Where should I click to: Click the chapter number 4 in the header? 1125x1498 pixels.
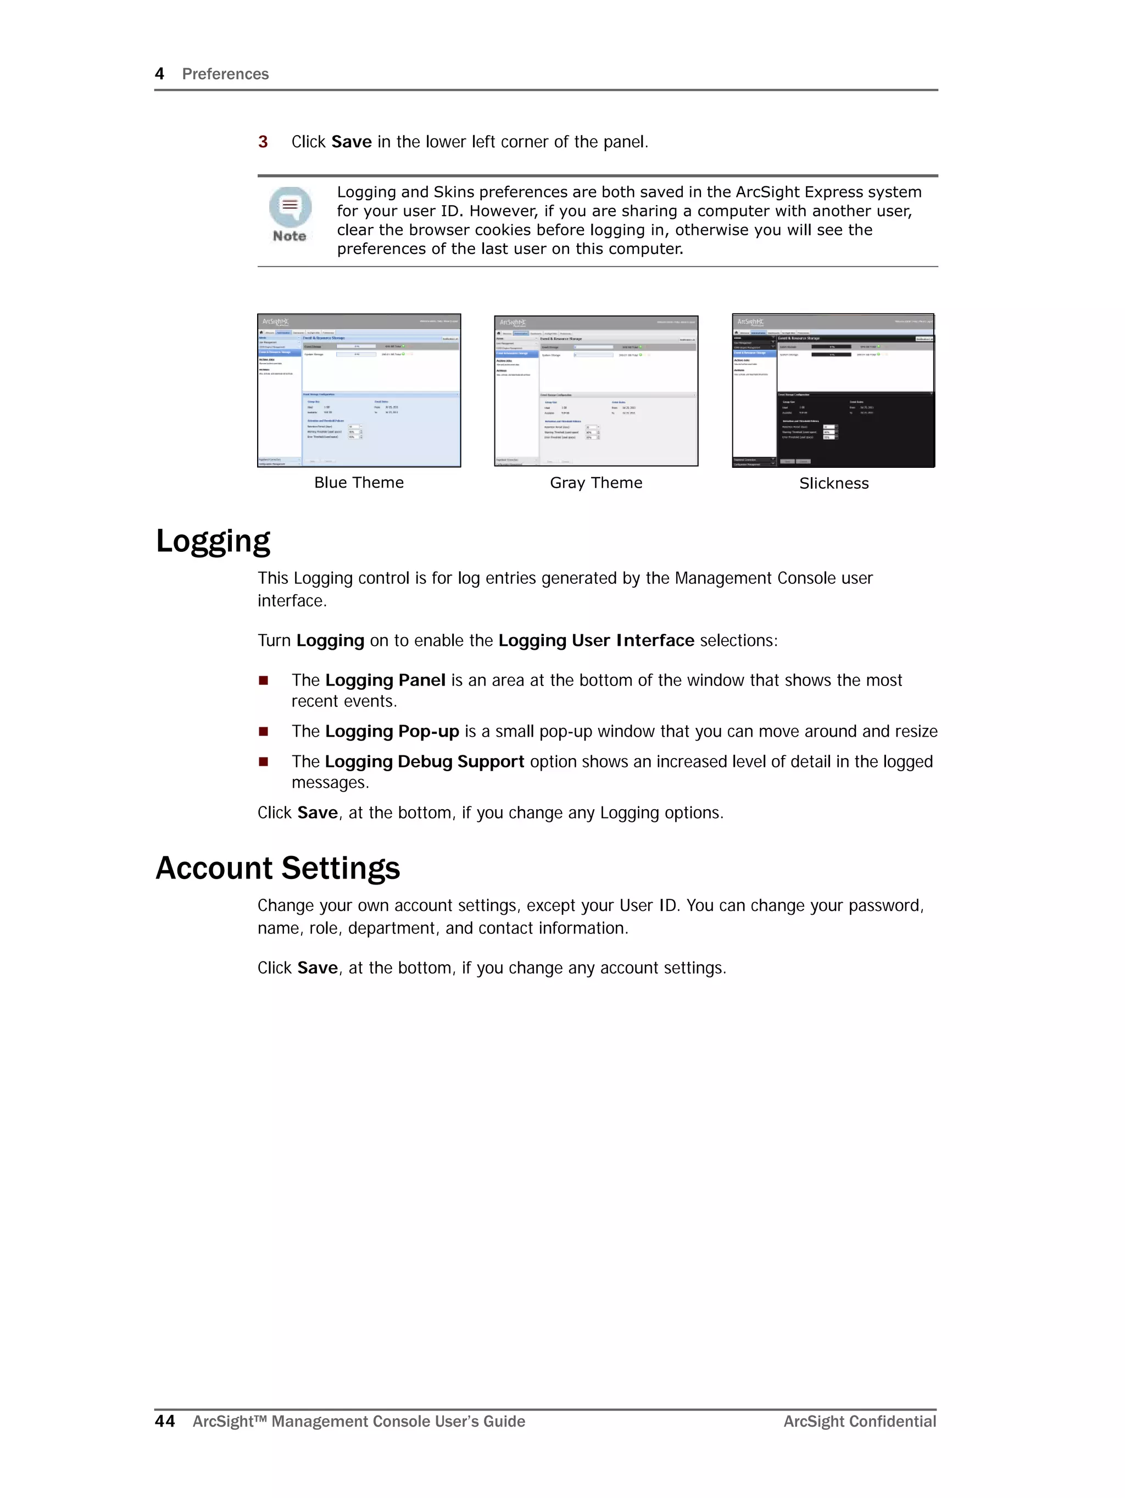click(160, 74)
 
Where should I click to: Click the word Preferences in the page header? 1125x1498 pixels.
click(225, 74)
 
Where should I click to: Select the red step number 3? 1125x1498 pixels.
click(263, 141)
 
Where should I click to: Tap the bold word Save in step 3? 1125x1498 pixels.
click(352, 141)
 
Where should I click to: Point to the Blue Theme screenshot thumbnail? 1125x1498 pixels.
click(359, 390)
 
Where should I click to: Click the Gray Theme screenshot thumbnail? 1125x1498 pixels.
click(595, 391)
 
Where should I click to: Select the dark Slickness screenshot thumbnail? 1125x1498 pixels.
click(833, 390)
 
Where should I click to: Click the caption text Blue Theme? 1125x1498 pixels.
click(359, 483)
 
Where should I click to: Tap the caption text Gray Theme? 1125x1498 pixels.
click(595, 483)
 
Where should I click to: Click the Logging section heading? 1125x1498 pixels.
click(213, 541)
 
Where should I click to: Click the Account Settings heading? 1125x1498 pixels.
click(277, 868)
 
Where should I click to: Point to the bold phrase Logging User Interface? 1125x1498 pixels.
click(595, 640)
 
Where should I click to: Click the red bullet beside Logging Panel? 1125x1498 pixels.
click(263, 681)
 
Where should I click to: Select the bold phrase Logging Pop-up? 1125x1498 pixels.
click(392, 731)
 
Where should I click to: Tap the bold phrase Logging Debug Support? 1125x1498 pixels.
click(425, 762)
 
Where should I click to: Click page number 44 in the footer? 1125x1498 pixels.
click(164, 1422)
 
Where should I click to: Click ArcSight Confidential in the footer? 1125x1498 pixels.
click(859, 1422)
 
